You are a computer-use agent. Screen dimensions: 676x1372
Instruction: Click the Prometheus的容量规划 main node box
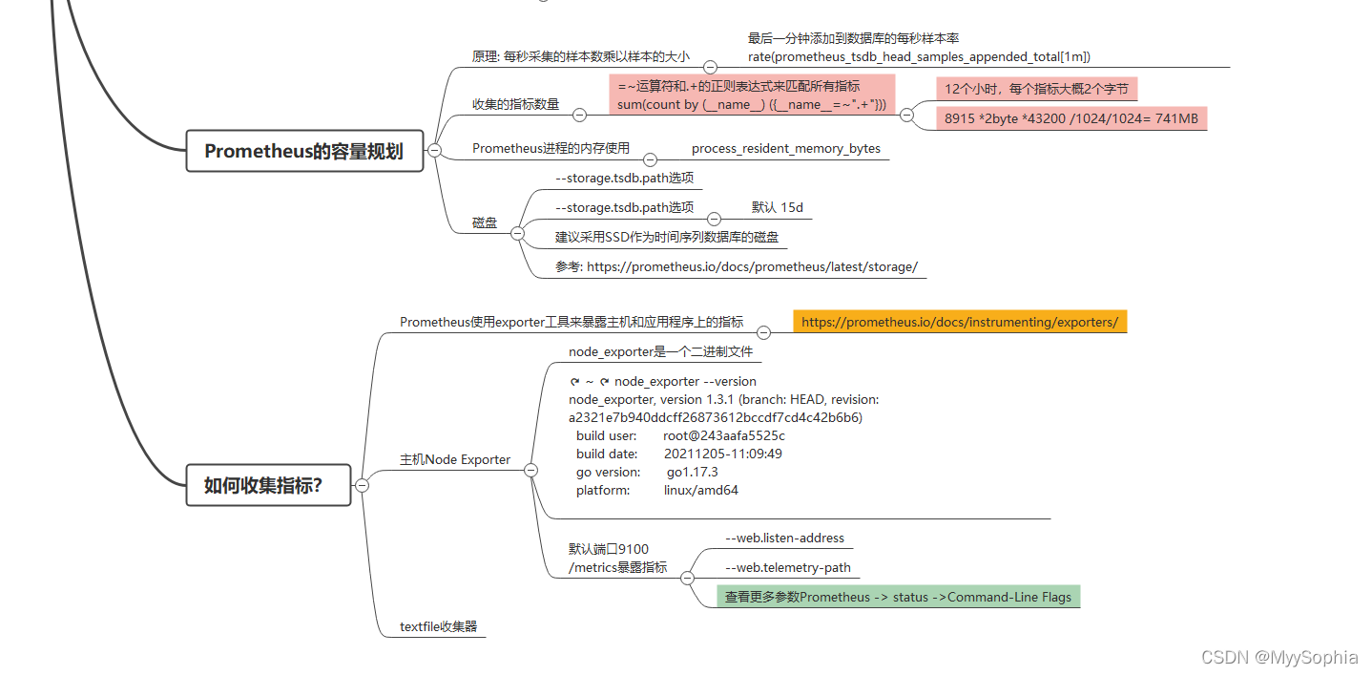point(304,151)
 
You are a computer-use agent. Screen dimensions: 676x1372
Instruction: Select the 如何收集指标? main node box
point(268,485)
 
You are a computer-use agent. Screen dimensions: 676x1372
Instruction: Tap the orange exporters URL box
point(959,322)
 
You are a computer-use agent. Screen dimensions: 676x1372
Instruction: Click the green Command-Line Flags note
point(898,597)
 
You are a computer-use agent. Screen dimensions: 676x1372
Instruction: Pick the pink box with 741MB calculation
point(1071,118)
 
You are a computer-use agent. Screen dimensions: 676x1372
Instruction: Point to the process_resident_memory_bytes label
point(785,148)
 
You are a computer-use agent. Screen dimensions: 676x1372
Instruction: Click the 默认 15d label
point(777,207)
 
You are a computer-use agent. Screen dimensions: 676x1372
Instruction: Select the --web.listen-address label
point(784,538)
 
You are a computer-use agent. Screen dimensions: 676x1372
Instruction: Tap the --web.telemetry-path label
point(787,568)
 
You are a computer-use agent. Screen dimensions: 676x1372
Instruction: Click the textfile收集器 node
point(438,627)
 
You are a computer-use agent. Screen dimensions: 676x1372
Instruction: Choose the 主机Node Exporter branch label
point(455,459)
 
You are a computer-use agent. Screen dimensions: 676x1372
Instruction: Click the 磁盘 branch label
point(485,222)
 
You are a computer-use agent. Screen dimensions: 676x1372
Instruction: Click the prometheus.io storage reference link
point(737,266)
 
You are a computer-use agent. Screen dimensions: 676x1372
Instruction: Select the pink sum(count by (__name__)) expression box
point(751,95)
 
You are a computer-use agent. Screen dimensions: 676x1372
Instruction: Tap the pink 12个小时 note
point(1036,89)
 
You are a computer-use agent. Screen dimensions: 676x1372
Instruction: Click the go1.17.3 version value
point(692,472)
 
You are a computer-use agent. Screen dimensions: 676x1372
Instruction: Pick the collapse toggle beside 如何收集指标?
point(363,485)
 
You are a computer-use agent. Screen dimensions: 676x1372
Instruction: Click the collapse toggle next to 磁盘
point(517,233)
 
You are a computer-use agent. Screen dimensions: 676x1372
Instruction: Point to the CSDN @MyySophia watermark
point(1278,657)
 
